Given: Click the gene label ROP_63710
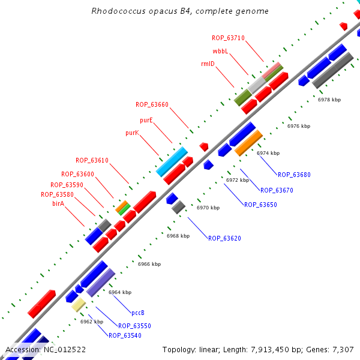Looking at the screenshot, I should [228, 38].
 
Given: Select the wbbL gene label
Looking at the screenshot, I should [220, 51].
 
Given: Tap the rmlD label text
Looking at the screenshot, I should [208, 64].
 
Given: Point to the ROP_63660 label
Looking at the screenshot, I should [152, 104].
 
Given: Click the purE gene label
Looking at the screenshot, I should [146, 120].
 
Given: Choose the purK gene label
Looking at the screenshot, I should [132, 133].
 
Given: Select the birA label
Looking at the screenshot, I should [58, 204].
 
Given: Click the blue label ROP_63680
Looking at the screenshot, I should [294, 175].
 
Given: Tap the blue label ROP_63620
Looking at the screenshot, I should [224, 238].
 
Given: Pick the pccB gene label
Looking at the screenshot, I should [138, 313].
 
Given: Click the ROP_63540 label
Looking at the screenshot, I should [125, 335].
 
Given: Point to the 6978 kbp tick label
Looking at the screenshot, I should [329, 100].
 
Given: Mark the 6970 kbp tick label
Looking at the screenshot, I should [208, 208].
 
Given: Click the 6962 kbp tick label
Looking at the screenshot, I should [92, 322].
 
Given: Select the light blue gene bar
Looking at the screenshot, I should [172, 161].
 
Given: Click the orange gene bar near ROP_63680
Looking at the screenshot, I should [248, 143].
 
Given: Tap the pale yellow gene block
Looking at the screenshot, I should [79, 305].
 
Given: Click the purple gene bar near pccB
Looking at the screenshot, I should [100, 282].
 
